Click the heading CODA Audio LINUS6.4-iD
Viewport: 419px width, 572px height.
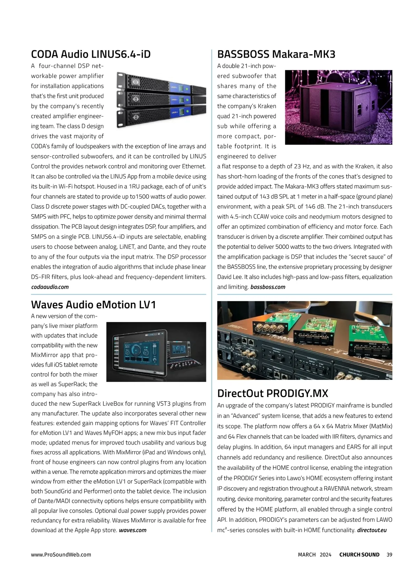tap(91, 54)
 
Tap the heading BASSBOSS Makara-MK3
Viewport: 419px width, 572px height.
tap(276, 54)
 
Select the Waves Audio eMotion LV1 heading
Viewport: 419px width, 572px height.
tap(93, 305)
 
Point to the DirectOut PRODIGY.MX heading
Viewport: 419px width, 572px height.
tap(272, 394)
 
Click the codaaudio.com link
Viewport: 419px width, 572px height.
tap(50, 287)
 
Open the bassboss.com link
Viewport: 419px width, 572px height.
tap(268, 287)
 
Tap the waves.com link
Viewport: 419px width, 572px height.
tap(133, 530)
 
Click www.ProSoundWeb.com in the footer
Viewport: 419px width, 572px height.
tap(61, 555)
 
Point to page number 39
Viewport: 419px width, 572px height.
tap(389, 555)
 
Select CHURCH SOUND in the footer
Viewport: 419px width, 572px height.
tap(359, 555)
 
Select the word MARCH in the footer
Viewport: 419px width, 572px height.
tap(307, 555)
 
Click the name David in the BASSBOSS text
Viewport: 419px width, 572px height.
tap(225, 277)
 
